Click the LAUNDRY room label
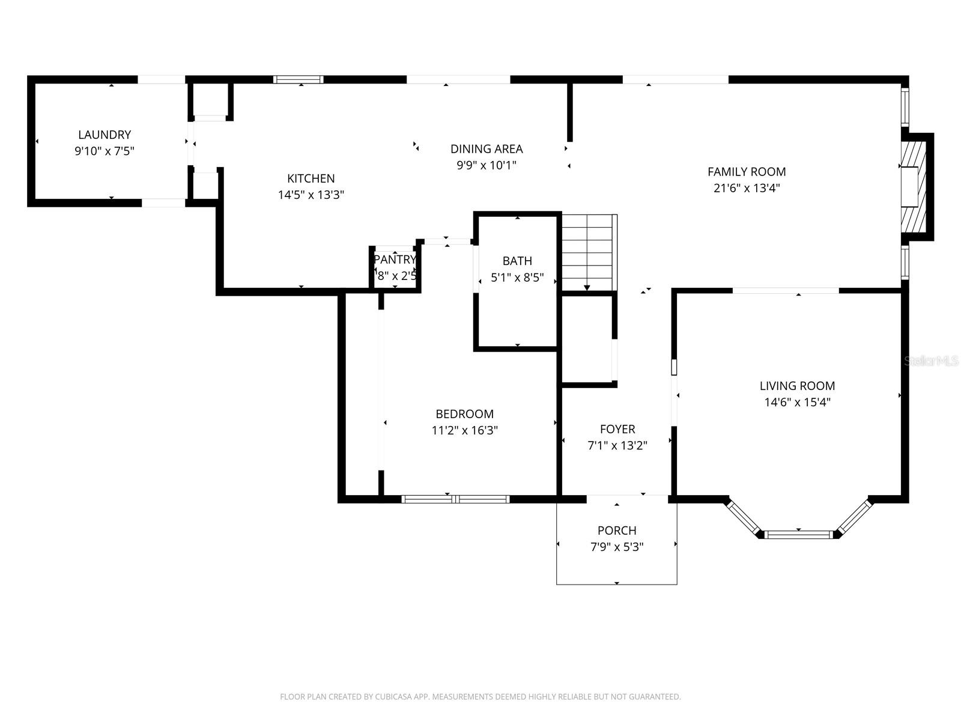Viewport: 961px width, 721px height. pos(105,135)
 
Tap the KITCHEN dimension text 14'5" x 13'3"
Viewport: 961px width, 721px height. pos(311,195)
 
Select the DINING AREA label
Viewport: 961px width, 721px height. pos(487,149)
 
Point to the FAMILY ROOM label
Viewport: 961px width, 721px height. pos(747,172)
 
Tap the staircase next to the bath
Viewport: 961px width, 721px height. pos(589,252)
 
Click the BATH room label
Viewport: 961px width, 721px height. pos(517,261)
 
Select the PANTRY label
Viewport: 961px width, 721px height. pos(395,260)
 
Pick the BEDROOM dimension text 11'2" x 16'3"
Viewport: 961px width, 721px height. pos(464,430)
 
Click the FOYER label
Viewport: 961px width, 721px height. pos(617,429)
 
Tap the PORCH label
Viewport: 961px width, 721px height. pos(617,531)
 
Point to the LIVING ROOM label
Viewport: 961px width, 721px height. pos(797,386)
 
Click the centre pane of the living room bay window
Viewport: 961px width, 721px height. pos(799,535)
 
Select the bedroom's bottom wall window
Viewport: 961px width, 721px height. pos(455,499)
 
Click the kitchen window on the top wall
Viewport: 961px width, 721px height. pos(299,79)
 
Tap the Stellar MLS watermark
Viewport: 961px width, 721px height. pos(931,361)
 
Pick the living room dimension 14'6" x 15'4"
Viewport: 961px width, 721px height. pos(797,403)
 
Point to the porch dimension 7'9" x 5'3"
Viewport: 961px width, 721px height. pos(617,547)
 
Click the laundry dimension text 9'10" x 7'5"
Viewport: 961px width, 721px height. pos(105,151)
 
